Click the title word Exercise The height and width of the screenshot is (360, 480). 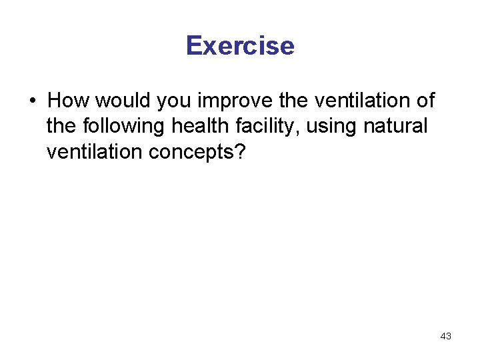pyautogui.click(x=240, y=46)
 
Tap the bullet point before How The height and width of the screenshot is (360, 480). pyautogui.click(x=32, y=102)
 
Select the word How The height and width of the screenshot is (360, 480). pyautogui.click(x=69, y=101)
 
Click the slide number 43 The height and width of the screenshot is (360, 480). pyautogui.click(x=446, y=337)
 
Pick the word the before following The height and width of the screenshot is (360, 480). pyautogui.click(x=62, y=126)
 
